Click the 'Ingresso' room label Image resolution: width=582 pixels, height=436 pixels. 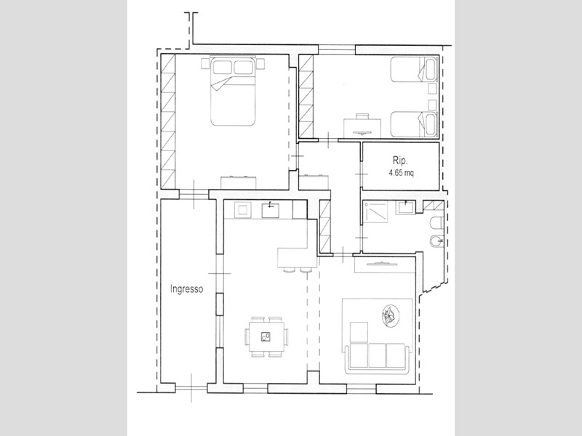tap(187, 289)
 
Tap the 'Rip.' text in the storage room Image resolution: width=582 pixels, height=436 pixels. tap(400, 161)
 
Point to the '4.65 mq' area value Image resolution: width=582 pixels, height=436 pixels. tap(401, 172)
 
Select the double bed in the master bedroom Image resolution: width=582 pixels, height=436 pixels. tap(233, 92)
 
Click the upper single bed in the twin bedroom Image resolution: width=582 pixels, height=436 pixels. tap(414, 69)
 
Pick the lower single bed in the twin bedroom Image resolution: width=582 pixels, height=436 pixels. tap(414, 124)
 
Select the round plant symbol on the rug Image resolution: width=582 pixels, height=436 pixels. tap(391, 315)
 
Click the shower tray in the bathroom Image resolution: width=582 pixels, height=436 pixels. tap(375, 212)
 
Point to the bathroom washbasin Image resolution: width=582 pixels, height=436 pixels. tap(406, 208)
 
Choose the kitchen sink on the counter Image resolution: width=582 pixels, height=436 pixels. tap(271, 210)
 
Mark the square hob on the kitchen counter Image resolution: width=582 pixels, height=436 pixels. tap(242, 210)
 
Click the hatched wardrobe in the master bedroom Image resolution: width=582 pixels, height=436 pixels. tap(168, 121)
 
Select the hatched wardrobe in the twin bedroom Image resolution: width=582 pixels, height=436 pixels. tap(306, 96)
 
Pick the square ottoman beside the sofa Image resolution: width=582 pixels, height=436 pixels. tap(359, 332)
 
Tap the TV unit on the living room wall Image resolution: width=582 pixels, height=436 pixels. tap(385, 265)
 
